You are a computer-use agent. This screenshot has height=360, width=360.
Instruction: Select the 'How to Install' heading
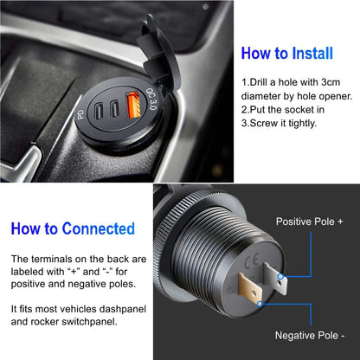(286, 53)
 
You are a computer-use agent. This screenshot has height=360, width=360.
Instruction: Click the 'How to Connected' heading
(73, 229)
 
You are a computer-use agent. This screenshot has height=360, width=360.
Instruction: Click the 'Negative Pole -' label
(310, 334)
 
